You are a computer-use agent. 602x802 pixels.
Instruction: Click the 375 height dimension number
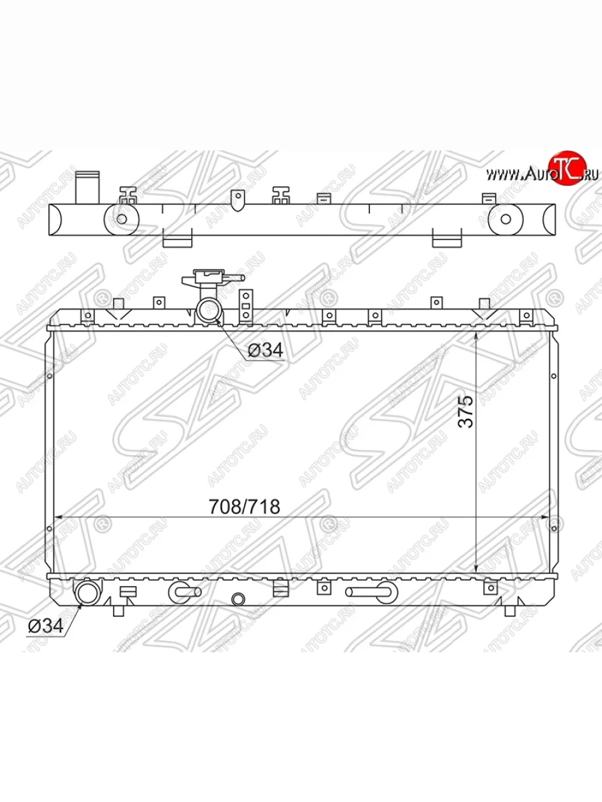click(x=466, y=412)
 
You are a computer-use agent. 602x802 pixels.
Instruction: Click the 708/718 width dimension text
click(x=244, y=507)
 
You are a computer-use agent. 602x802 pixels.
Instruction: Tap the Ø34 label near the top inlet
click(x=266, y=350)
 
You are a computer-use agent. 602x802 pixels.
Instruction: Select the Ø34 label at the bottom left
click(x=45, y=626)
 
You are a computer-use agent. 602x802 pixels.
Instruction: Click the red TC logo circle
click(x=568, y=168)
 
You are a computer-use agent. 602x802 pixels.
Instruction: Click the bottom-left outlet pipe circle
click(x=87, y=591)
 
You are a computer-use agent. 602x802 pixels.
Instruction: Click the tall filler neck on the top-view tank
click(x=88, y=187)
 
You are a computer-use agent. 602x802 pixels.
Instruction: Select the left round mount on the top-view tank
click(x=122, y=219)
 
